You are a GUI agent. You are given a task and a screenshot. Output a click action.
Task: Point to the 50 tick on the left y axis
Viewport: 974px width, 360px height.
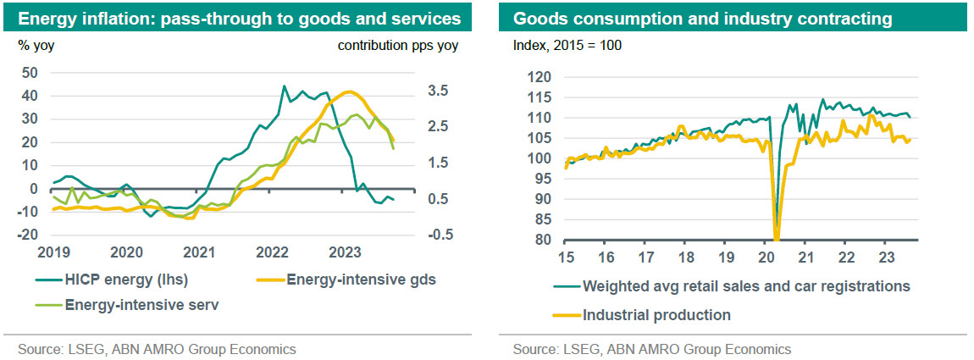point(30,73)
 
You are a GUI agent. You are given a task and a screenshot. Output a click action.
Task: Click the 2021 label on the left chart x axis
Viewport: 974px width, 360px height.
point(199,252)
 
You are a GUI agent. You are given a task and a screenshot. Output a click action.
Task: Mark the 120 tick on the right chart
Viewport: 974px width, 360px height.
point(540,77)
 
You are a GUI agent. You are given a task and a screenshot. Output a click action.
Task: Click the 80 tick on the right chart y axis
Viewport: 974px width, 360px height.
point(543,241)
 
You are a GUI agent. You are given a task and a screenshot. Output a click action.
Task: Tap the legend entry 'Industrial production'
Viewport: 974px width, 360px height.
point(656,315)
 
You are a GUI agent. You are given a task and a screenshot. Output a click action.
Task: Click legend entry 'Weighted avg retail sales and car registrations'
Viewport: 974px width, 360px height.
point(745,286)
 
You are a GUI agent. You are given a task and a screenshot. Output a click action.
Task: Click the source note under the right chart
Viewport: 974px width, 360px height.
point(651,349)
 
